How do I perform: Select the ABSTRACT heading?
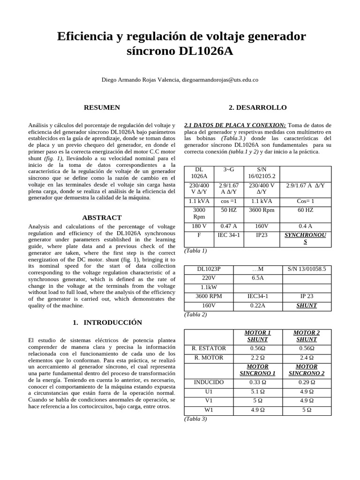[102, 217]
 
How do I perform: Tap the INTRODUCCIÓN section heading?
[107, 322]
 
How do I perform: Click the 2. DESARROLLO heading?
[257, 108]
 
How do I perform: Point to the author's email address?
[220, 80]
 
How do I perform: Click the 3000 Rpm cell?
[199, 213]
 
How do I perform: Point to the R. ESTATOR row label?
[209, 348]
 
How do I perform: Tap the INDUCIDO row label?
[209, 382]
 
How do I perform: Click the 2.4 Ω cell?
[307, 358]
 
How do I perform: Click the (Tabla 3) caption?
[195, 419]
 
